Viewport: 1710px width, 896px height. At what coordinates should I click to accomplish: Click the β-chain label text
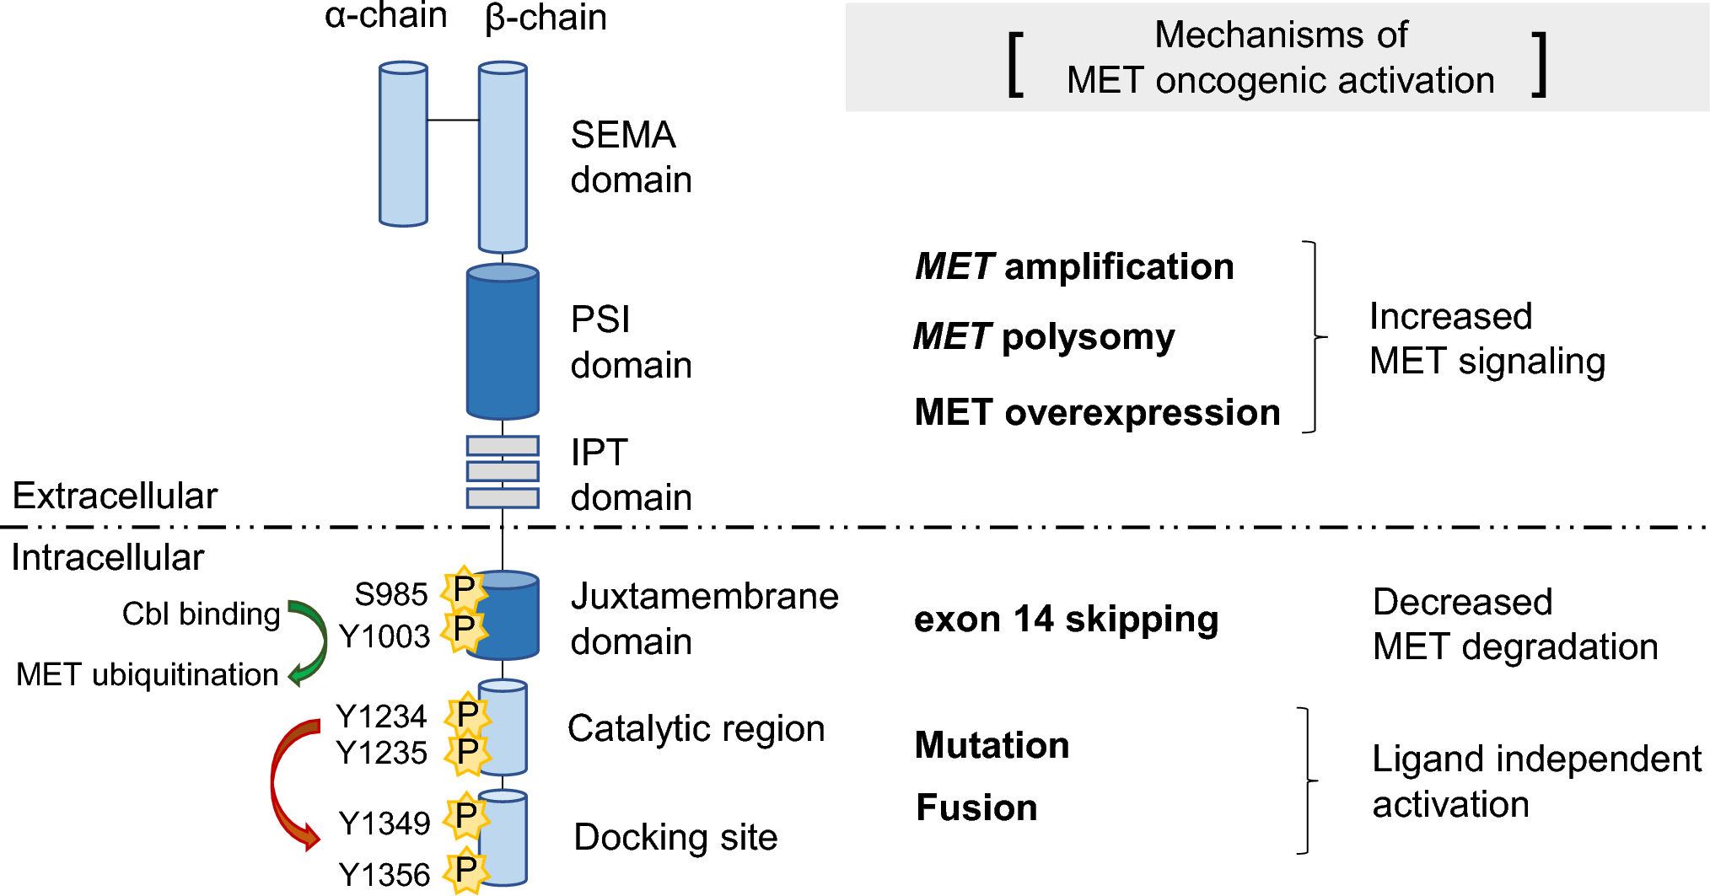point(546,18)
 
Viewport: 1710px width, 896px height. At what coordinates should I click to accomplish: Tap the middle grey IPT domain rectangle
point(503,470)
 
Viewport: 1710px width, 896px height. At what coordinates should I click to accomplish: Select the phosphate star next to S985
point(465,589)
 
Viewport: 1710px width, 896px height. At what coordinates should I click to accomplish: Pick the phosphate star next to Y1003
point(465,629)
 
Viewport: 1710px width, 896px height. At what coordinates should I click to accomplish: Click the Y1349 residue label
point(384,823)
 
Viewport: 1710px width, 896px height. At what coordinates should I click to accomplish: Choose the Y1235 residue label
point(381,752)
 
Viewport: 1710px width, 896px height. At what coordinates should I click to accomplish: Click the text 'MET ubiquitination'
point(147,674)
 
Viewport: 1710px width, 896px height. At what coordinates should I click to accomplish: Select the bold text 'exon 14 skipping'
point(1066,620)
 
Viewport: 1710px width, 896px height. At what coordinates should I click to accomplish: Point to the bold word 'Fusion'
point(976,807)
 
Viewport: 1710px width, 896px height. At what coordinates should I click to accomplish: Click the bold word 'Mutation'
point(992,745)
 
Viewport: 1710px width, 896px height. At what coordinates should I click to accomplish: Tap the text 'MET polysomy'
point(1044,337)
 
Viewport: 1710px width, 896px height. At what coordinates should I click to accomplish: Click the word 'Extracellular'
point(115,496)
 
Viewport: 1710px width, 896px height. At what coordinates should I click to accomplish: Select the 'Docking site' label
point(675,837)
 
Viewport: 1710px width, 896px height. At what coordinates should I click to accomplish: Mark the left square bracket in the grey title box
point(1016,65)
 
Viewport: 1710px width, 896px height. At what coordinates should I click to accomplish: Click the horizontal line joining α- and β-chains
point(453,121)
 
